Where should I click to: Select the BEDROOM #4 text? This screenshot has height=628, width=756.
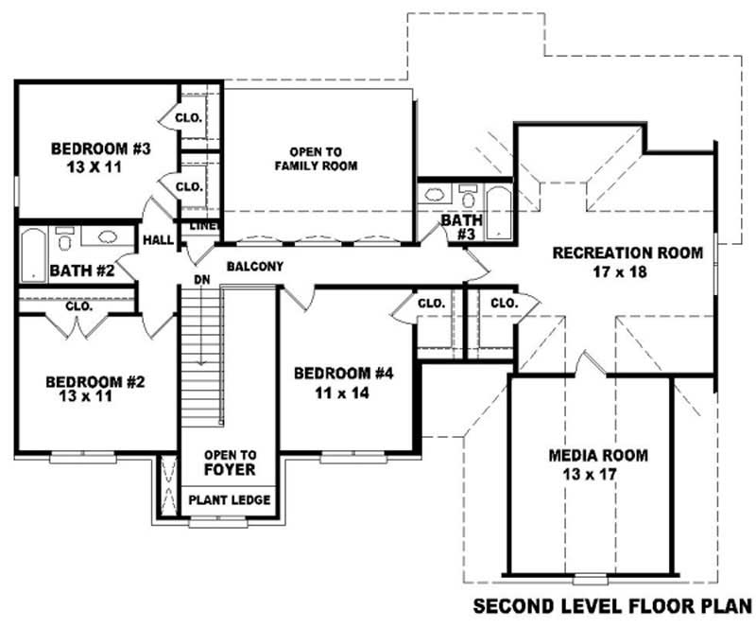coord(342,372)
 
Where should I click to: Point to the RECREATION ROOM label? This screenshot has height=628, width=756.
coord(627,253)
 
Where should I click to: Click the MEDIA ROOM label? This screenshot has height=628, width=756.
coord(598,455)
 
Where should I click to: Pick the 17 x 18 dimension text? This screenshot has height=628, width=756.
coord(627,272)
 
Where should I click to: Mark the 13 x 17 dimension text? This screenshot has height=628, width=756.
coord(597,474)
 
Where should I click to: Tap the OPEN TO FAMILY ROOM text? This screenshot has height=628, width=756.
coord(316,159)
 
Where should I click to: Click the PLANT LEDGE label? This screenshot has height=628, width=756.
coord(230,499)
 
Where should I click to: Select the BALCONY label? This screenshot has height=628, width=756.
coord(254,267)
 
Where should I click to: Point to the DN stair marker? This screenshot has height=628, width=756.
coord(200,281)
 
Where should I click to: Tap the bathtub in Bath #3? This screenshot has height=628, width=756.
coord(498,210)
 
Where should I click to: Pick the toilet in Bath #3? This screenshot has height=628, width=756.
coord(468,196)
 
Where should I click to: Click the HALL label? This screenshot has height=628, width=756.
coord(158,240)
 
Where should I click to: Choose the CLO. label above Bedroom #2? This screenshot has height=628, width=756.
coord(78,306)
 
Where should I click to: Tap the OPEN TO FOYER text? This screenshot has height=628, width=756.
coord(230,462)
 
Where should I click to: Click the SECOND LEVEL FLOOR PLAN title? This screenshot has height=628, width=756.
coord(612,604)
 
